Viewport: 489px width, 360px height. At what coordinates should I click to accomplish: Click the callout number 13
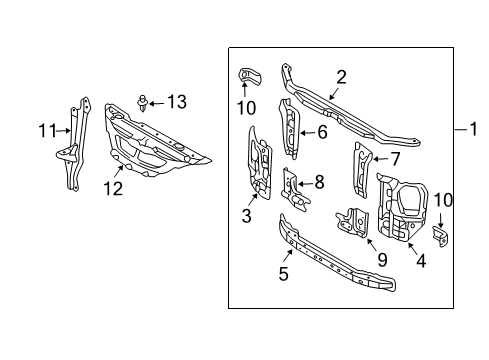[x=177, y=102]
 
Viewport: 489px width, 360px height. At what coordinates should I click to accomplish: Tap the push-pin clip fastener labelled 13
[x=143, y=103]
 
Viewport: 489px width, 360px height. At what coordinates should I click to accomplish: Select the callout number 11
[x=48, y=131]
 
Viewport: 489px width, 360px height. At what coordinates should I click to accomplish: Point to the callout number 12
[x=113, y=189]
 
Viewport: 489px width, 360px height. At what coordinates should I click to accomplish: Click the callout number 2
[x=341, y=77]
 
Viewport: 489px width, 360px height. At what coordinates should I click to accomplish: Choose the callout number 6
[x=322, y=132]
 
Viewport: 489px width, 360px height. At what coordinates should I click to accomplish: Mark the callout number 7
[x=395, y=159]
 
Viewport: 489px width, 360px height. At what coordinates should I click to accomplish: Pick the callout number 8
[x=319, y=182]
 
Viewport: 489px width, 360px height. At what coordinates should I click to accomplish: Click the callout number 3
[x=246, y=216]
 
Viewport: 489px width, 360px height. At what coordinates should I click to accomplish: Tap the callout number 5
[x=283, y=274]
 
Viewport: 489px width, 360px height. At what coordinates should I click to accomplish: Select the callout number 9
[x=382, y=260]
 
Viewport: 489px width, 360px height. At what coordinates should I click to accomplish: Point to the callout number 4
[x=421, y=261]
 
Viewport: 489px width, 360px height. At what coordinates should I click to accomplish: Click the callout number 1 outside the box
[x=473, y=129]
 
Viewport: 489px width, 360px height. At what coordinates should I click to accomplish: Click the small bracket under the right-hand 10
[x=440, y=236]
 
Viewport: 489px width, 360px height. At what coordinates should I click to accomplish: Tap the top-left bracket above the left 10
[x=250, y=77]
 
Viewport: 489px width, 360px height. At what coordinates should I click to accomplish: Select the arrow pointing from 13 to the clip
[x=157, y=104]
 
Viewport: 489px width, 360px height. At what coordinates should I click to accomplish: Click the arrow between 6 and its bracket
[x=307, y=133]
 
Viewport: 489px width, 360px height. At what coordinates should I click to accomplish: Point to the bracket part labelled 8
[x=295, y=191]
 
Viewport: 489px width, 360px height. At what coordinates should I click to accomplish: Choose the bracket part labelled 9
[x=353, y=222]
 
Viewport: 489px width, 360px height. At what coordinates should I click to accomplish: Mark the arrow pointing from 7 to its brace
[x=381, y=159]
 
